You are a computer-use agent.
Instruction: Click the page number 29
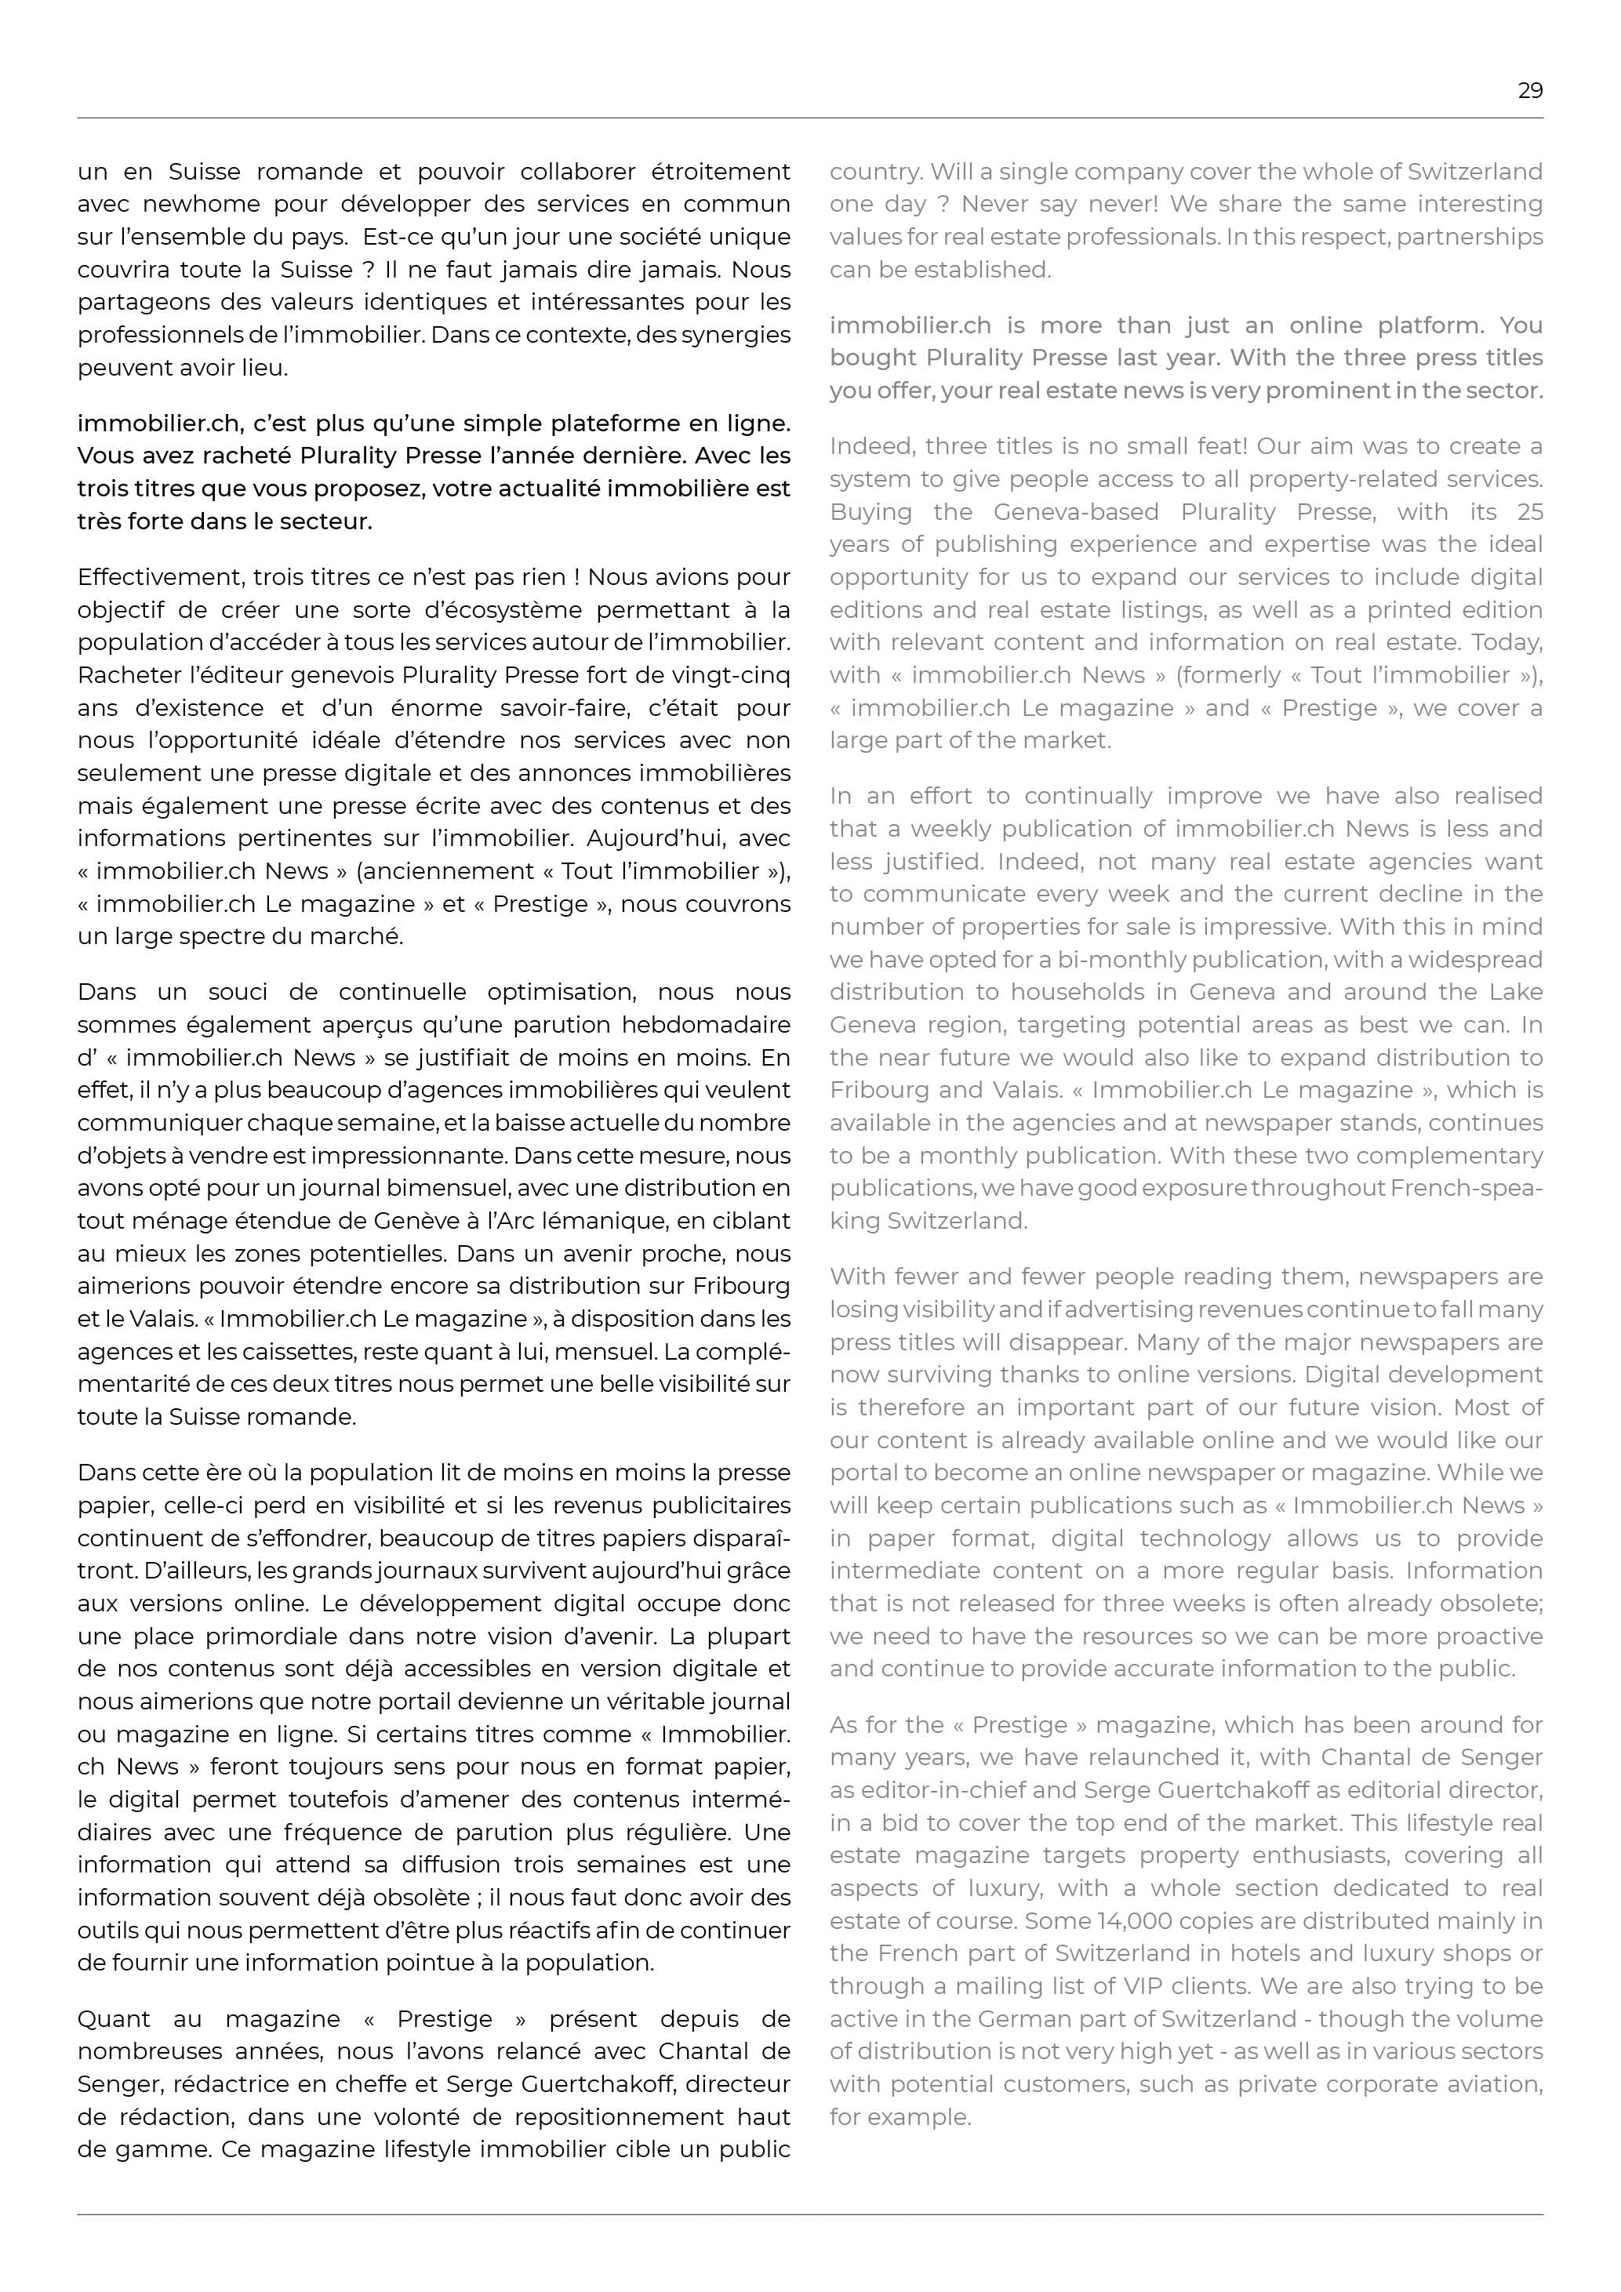tap(1529, 91)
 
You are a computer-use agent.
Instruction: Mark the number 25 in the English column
tap(1529, 512)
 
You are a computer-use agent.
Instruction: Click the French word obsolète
tap(413, 1898)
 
